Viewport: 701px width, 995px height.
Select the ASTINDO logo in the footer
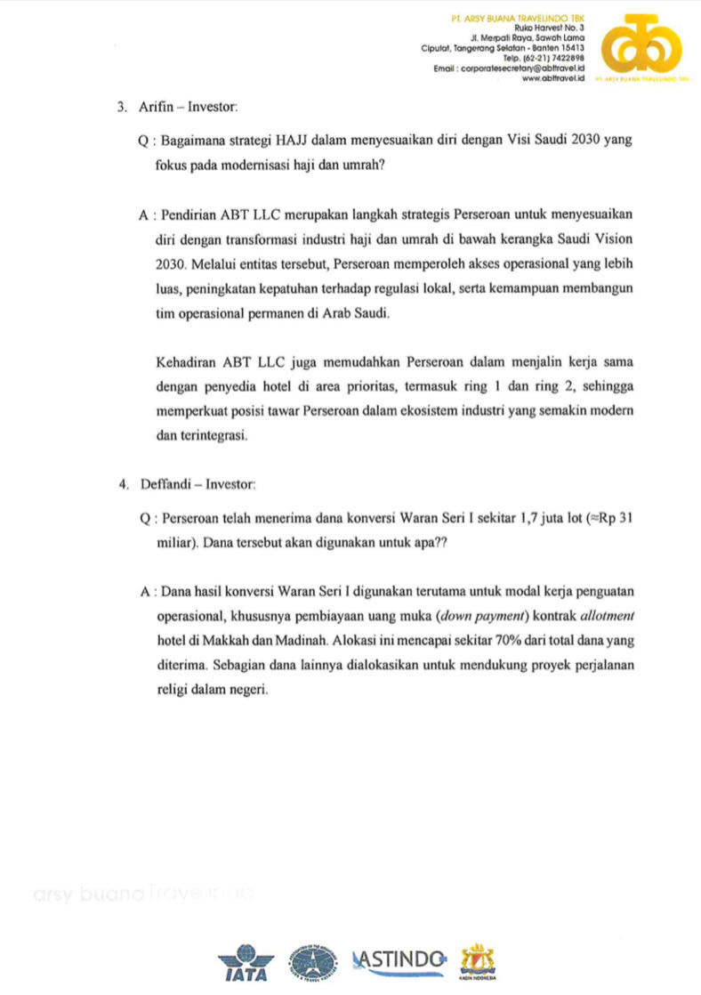[398, 959]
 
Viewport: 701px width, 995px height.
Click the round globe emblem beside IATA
[317, 962]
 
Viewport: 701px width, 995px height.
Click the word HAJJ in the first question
[295, 141]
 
